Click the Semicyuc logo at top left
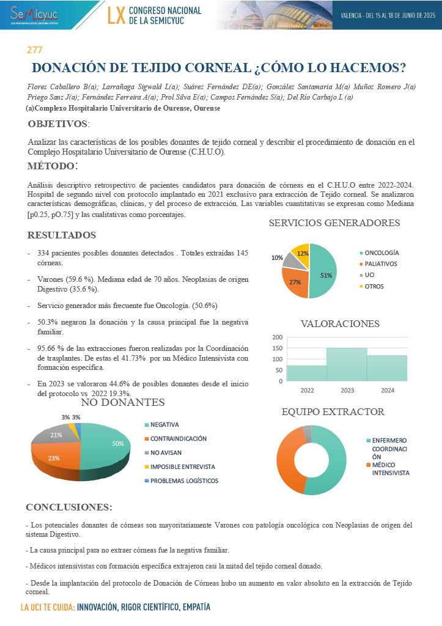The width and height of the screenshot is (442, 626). (33, 13)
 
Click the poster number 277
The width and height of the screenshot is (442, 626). (34, 50)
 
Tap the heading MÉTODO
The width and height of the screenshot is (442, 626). (53, 166)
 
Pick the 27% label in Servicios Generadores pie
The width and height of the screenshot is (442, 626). (295, 282)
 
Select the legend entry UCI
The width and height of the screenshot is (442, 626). (370, 275)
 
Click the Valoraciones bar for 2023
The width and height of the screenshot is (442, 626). (346, 364)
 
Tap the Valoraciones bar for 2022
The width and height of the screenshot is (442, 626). (306, 374)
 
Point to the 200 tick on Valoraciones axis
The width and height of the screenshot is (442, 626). (277, 337)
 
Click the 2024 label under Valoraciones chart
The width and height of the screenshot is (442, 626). (386, 389)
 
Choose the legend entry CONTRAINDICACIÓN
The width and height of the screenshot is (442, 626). (178, 438)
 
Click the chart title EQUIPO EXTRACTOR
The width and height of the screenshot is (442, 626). (333, 411)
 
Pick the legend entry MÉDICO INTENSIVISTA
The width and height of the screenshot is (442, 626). (390, 468)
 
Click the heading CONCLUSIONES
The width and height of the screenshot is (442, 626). (68, 507)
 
